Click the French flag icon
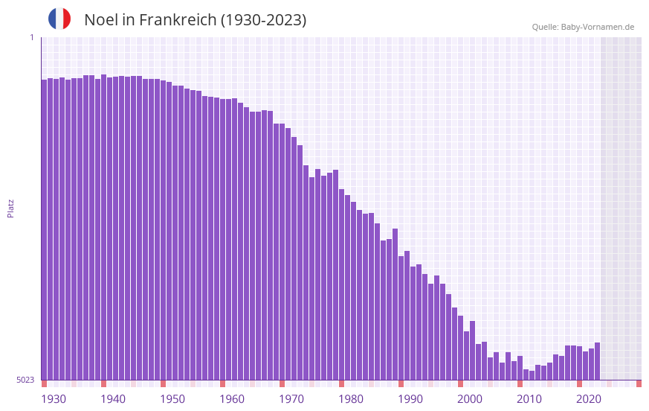[59, 19]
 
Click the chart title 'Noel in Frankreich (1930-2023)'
[195, 20]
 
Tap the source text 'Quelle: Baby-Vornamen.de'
[583, 27]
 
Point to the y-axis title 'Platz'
[10, 208]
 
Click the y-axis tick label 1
[31, 37]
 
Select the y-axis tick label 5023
[25, 380]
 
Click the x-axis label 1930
[54, 399]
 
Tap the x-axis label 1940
[113, 399]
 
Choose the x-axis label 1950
[172, 399]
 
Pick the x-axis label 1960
[232, 399]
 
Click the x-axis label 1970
[291, 399]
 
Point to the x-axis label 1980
[351, 399]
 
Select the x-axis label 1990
[410, 399]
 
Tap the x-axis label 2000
[470, 399]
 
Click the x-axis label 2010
[529, 399]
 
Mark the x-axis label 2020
[589, 399]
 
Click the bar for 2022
[597, 361]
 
